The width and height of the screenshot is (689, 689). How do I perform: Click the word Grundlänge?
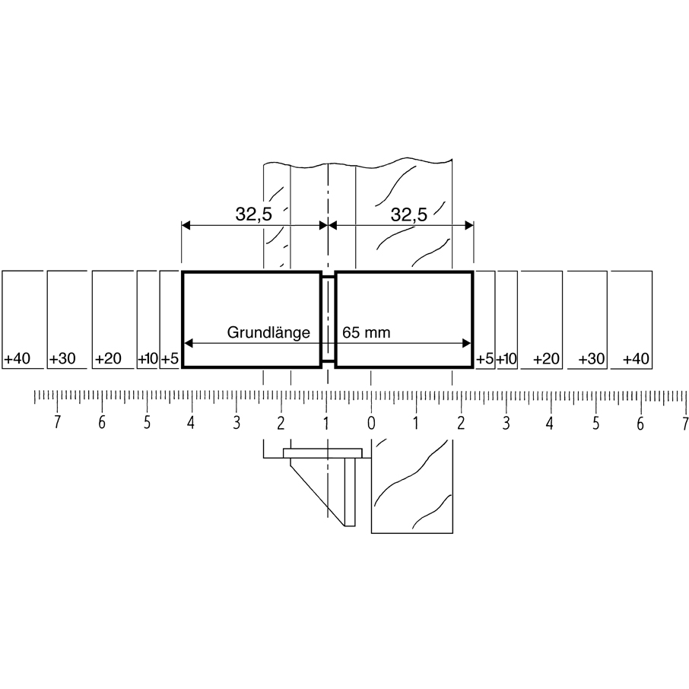[x=268, y=332]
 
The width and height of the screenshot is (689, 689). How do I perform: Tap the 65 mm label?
[x=366, y=332]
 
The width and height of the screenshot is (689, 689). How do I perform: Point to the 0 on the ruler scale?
[x=371, y=423]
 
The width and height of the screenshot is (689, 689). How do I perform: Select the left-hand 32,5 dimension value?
[x=253, y=214]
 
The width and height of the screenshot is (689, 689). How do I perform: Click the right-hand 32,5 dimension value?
[x=408, y=215]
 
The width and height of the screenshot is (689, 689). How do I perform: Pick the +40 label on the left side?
[x=17, y=358]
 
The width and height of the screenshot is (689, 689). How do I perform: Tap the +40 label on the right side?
[x=636, y=358]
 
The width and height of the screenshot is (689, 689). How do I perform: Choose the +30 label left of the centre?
[x=62, y=358]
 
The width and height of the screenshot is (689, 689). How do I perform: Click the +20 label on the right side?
[x=546, y=358]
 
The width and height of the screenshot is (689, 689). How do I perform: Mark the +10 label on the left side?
[x=148, y=358]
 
